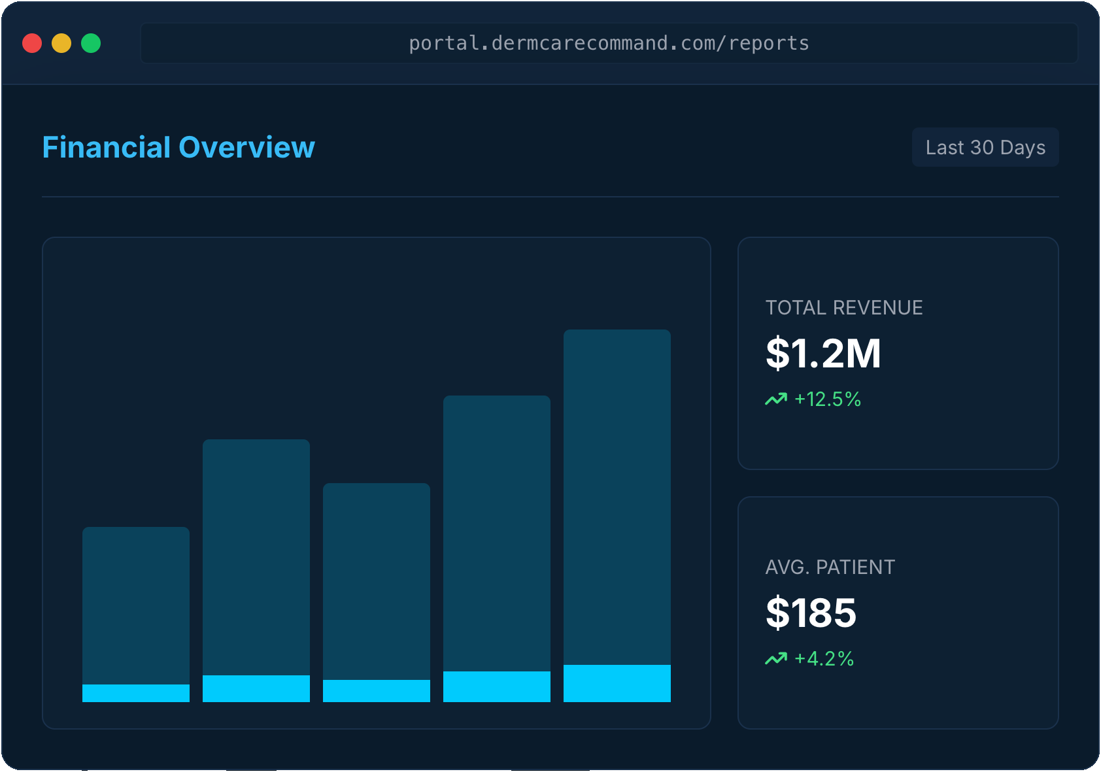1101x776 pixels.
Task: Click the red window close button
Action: [x=32, y=43]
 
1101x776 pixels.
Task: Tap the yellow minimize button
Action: [x=61, y=43]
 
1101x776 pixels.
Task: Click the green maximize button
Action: [x=91, y=43]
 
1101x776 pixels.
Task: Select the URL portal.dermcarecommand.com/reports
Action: [x=609, y=43]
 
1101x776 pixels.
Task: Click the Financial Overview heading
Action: [x=178, y=147]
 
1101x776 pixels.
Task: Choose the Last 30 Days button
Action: [x=985, y=147]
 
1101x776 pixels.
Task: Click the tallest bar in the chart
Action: [x=617, y=497]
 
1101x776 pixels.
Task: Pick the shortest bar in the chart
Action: [x=136, y=605]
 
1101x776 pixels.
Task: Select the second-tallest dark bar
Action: [x=497, y=533]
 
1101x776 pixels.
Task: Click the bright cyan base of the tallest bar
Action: [x=617, y=683]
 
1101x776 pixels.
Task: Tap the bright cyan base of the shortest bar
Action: [x=136, y=693]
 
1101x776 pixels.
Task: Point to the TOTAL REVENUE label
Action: [x=844, y=307]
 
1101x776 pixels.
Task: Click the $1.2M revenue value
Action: [x=823, y=353]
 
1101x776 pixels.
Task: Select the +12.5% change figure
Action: [x=828, y=399]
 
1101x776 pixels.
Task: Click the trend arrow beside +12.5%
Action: [x=776, y=399]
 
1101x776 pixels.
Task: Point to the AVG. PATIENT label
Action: [x=830, y=567]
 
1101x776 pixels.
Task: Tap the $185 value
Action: [x=811, y=613]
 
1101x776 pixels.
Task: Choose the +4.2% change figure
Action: [x=824, y=658]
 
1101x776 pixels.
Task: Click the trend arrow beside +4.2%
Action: [x=776, y=658]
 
